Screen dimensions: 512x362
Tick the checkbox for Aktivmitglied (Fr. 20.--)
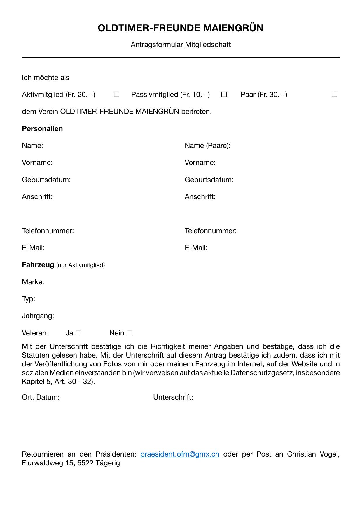click(117, 94)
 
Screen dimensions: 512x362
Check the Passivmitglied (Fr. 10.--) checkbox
click(224, 94)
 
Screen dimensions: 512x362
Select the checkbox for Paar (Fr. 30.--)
click(334, 94)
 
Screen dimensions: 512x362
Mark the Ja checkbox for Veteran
click(78, 333)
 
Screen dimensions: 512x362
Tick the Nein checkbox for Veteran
click(130, 333)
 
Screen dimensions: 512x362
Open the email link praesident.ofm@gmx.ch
click(180, 454)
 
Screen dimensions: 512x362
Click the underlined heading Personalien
click(42, 129)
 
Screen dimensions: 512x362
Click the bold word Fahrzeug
click(38, 265)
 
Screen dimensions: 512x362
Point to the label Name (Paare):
click(207, 146)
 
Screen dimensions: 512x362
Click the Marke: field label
click(33, 282)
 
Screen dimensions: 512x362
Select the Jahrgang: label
click(38, 316)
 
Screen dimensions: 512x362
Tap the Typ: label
click(28, 299)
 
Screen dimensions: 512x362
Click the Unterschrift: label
click(173, 397)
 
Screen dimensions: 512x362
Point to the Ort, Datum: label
click(41, 397)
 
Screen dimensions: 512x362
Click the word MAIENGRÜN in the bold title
click(233, 28)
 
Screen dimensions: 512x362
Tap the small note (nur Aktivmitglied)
click(81, 265)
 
